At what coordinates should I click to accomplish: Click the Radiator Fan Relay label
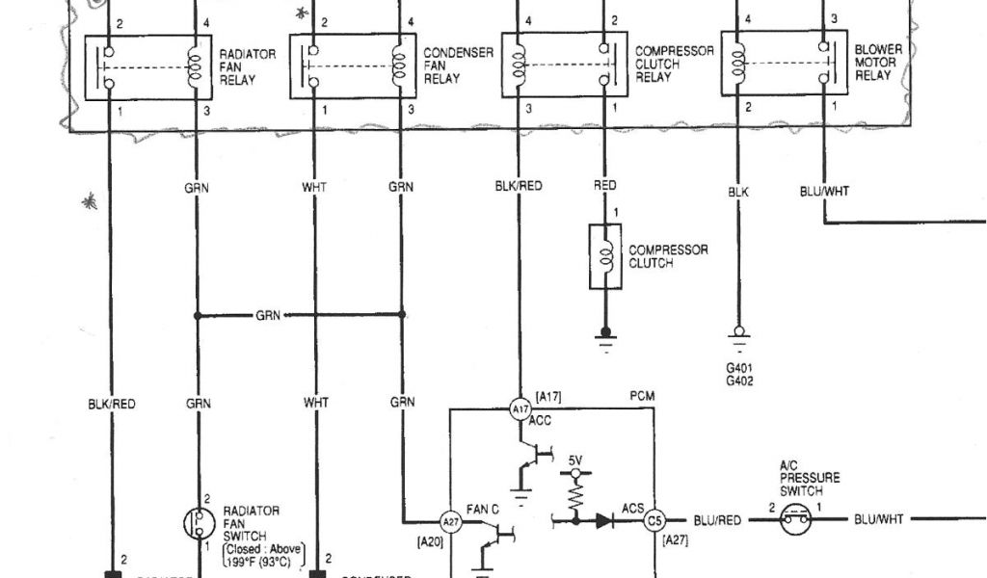[236, 67]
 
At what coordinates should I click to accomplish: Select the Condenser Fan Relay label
[446, 64]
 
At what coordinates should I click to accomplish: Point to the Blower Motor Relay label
[877, 63]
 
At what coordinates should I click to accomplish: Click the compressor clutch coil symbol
[605, 257]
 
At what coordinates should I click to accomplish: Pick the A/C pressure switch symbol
[797, 520]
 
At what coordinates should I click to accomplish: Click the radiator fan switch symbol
[199, 523]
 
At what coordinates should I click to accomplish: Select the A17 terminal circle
[520, 408]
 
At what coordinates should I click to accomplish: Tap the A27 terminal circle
[449, 520]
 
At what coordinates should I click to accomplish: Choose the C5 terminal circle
[654, 520]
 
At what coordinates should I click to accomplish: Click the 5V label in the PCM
[575, 460]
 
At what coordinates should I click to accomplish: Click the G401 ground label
[741, 368]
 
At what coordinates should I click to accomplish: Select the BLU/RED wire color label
[717, 520]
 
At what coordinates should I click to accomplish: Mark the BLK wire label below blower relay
[738, 192]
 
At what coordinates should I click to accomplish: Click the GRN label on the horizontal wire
[269, 315]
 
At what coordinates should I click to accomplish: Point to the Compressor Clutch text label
[668, 256]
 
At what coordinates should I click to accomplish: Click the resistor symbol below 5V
[575, 496]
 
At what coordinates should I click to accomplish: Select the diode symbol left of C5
[604, 520]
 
